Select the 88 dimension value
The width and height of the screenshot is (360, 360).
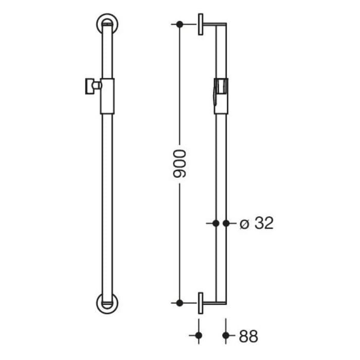coord(248,336)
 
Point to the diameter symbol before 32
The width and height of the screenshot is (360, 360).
coord(245,224)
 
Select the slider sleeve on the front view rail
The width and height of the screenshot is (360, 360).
coord(107,96)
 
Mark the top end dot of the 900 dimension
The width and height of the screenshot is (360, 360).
coord(179,24)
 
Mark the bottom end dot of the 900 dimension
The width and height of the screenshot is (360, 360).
coord(179,303)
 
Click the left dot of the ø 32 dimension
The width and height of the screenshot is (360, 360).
coord(216,223)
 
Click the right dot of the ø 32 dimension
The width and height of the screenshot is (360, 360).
coord(226,223)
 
